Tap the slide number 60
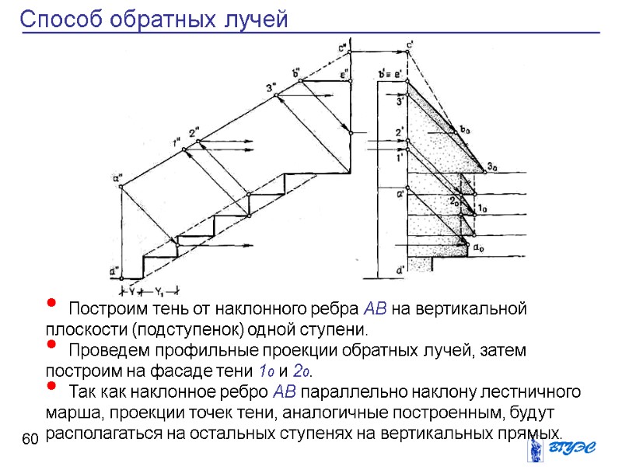click(30, 441)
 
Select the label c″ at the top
click(343, 47)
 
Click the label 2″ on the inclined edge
click(194, 132)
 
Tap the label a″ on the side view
click(118, 178)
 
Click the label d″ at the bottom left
click(114, 272)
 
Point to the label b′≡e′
click(390, 74)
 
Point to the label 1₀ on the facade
click(481, 208)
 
